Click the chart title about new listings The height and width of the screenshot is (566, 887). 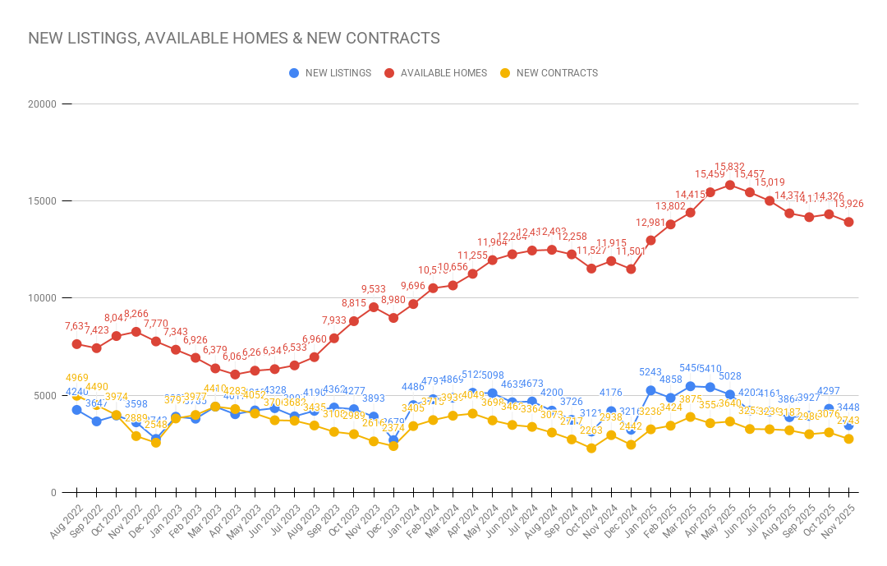click(x=234, y=39)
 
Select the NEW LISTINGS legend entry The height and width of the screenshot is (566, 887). click(x=331, y=73)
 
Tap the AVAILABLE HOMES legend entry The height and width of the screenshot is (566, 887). click(x=436, y=73)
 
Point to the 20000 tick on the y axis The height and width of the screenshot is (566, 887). click(x=40, y=104)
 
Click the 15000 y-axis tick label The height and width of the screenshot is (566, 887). click(x=40, y=201)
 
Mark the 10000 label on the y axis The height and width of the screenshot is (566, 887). click(x=40, y=298)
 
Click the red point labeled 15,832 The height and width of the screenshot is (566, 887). click(x=729, y=185)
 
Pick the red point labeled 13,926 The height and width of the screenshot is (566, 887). click(x=848, y=222)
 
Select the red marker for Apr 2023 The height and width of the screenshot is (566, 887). click(x=235, y=375)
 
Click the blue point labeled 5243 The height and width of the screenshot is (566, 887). click(x=650, y=390)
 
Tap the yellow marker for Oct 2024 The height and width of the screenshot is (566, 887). click(x=591, y=449)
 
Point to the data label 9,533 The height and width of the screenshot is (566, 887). click(x=374, y=289)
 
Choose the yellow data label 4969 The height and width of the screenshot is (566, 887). click(x=77, y=378)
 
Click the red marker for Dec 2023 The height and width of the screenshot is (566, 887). click(x=393, y=318)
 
